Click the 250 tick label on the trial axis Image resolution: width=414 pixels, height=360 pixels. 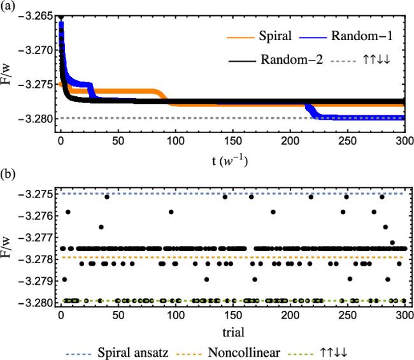tap(348, 314)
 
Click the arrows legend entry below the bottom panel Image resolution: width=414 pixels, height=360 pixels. tap(370, 351)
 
